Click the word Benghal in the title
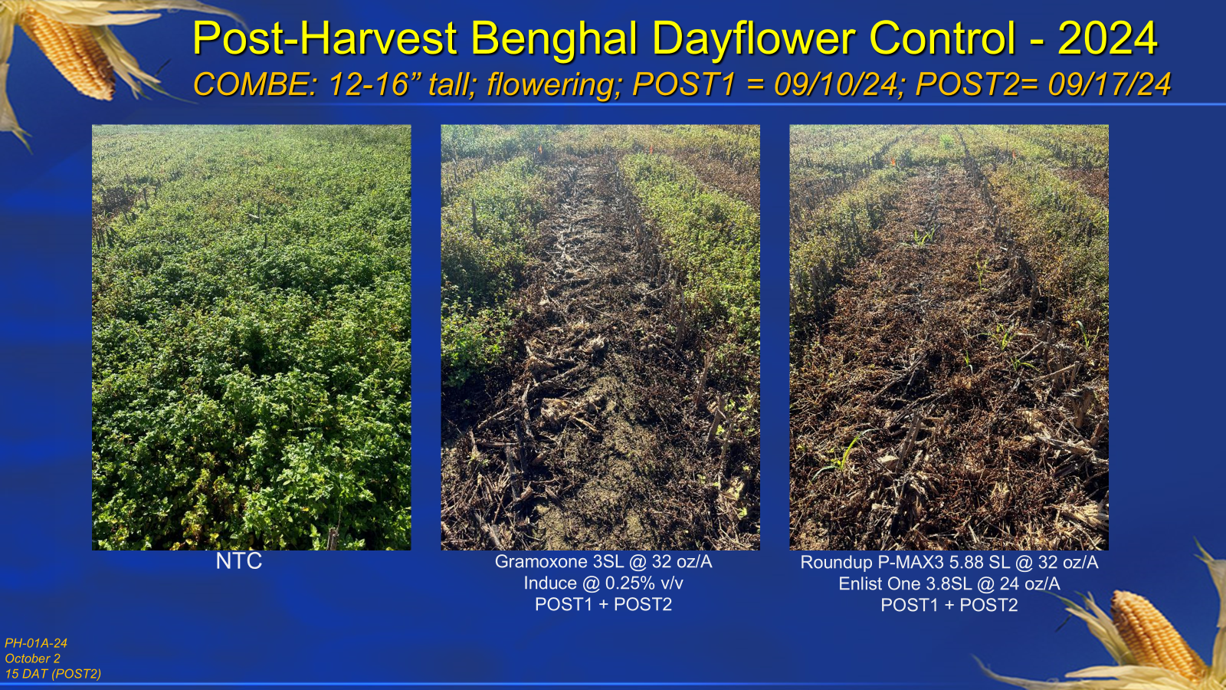click(555, 40)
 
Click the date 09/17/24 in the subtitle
click(1109, 85)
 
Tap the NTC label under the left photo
click(238, 560)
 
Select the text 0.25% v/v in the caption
click(644, 583)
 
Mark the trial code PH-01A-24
click(36, 643)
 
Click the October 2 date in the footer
click(33, 659)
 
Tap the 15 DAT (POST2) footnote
click(53, 674)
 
